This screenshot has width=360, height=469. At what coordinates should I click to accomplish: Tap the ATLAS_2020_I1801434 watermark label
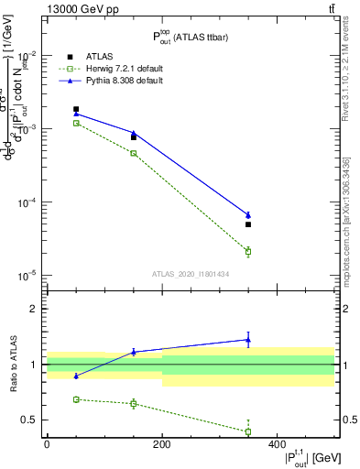190,274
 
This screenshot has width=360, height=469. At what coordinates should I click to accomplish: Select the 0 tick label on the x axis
47,445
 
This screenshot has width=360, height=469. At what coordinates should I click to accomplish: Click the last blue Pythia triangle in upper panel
248,215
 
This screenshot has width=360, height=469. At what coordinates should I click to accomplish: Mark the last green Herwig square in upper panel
248,251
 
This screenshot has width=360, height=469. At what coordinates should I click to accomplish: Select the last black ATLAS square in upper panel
248,224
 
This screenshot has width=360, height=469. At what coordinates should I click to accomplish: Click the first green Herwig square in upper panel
76,123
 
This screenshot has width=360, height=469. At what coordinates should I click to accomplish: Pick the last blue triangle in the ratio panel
248,340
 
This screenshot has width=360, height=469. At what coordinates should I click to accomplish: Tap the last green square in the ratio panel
248,431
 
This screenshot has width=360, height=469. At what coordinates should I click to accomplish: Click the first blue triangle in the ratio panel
76,376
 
